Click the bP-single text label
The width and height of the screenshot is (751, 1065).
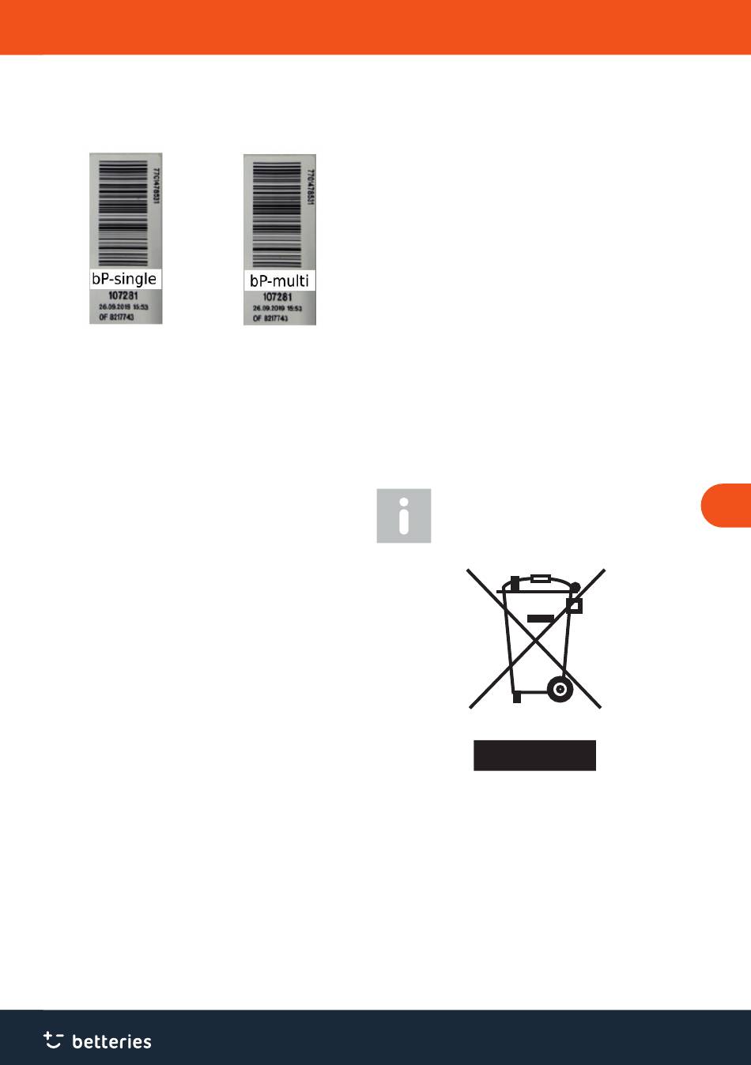tap(125, 279)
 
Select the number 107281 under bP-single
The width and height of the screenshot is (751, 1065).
tap(123, 296)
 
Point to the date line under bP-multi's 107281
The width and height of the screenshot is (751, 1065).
tap(277, 308)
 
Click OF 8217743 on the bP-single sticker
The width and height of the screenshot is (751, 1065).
tap(116, 316)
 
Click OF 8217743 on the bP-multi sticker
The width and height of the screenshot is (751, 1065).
tap(271, 318)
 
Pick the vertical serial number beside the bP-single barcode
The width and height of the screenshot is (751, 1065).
tap(156, 186)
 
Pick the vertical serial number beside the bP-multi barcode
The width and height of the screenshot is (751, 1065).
tap(310, 189)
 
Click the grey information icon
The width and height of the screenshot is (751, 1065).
tap(404, 515)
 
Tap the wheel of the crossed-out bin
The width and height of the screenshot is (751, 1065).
tap(560, 689)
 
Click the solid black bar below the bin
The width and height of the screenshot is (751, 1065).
tap(534, 755)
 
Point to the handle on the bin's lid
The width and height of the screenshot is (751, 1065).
tap(541, 578)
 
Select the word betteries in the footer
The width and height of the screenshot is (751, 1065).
tap(111, 1041)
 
